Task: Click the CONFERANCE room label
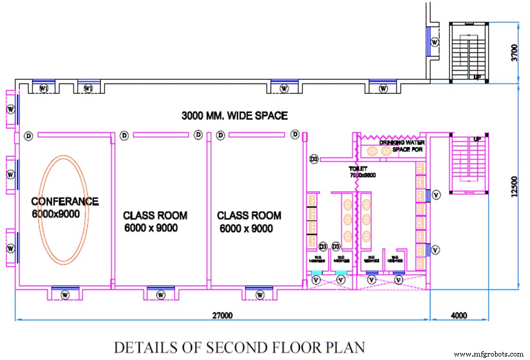(x=65, y=202)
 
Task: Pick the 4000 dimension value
(x=459, y=316)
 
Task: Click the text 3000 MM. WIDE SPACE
(x=233, y=116)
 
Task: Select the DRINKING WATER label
(x=402, y=142)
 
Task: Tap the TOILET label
(x=358, y=169)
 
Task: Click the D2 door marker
(x=313, y=159)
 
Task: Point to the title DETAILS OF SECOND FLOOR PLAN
(x=239, y=347)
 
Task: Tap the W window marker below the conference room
(x=65, y=294)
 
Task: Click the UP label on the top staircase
(x=477, y=77)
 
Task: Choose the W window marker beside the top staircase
(x=435, y=41)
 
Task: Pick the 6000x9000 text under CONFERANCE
(x=55, y=214)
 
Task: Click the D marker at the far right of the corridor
(x=296, y=135)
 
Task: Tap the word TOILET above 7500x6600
(x=358, y=169)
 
